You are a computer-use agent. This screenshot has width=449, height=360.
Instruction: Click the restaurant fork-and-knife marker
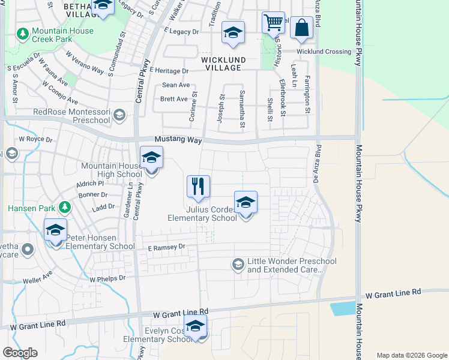click(198, 187)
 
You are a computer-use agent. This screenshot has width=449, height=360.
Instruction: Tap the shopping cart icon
click(273, 23)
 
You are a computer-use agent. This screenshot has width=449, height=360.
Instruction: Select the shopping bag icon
click(301, 28)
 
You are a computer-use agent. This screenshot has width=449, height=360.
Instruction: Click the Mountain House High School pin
click(151, 158)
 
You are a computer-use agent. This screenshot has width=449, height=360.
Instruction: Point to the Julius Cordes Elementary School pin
click(246, 203)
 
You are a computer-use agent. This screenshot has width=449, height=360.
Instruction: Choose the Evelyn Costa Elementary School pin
click(195, 326)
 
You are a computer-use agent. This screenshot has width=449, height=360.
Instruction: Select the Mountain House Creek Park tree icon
click(23, 34)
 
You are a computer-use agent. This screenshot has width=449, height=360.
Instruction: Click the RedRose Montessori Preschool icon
click(119, 115)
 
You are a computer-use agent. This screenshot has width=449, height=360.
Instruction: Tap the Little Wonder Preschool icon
click(238, 264)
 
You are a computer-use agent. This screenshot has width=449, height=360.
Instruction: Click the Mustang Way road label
click(176, 139)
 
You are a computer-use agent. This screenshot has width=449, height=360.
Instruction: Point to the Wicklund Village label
click(223, 64)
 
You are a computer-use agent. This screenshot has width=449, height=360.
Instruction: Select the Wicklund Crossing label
click(324, 52)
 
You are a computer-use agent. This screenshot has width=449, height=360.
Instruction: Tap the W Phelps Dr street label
click(107, 278)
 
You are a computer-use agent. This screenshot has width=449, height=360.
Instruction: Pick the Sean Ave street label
click(175, 85)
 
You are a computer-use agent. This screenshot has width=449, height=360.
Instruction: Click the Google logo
click(20, 353)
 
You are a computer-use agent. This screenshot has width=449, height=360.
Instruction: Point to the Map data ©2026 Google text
click(411, 355)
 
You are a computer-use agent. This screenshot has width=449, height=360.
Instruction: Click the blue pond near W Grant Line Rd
click(342, 308)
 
